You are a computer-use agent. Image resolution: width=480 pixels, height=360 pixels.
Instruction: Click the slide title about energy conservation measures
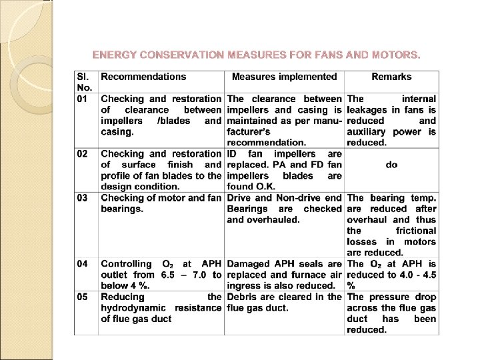(x=256, y=53)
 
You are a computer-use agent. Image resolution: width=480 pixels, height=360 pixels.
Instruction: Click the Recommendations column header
(x=143, y=77)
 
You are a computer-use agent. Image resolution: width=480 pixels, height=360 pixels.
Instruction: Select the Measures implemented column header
(x=285, y=77)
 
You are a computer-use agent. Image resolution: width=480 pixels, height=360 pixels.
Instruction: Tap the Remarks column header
(x=391, y=77)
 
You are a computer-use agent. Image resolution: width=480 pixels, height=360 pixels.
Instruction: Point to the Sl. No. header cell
(x=85, y=82)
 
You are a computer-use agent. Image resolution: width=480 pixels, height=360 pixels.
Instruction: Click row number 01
(x=82, y=99)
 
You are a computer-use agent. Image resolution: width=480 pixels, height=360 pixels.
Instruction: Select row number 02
(x=82, y=154)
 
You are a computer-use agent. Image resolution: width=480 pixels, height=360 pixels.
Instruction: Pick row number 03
(x=82, y=198)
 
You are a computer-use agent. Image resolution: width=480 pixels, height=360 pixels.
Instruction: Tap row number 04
(x=82, y=263)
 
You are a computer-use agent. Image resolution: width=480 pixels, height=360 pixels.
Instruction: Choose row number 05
(x=82, y=297)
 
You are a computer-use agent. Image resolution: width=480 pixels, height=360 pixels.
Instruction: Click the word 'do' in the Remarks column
(x=391, y=165)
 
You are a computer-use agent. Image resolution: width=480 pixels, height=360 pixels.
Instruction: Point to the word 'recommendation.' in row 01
(x=267, y=143)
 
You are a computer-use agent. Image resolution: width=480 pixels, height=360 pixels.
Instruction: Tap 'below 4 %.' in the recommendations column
(x=125, y=285)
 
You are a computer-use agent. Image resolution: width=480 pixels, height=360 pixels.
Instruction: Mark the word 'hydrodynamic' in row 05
(x=134, y=307)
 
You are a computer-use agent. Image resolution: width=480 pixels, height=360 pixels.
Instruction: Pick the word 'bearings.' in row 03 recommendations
(x=122, y=209)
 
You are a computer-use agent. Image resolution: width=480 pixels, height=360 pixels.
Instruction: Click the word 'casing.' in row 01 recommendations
(x=117, y=132)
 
